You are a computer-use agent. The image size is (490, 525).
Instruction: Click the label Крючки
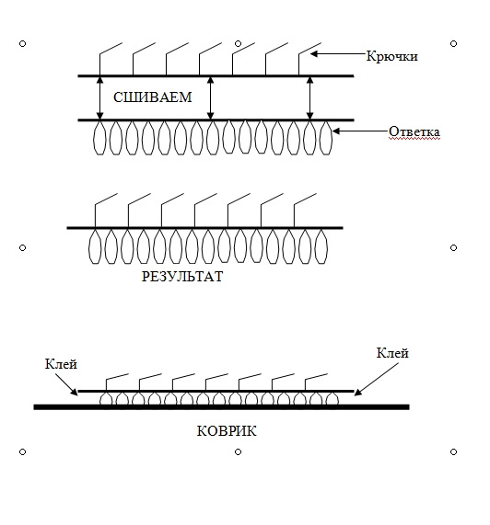391,56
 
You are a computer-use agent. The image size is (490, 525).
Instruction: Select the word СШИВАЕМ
153,97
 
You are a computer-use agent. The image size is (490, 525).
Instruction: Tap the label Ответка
414,131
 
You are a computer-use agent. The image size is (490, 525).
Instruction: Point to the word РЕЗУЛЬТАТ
182,277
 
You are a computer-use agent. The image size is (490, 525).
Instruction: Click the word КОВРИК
227,431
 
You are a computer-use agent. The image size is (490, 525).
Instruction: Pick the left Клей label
61,364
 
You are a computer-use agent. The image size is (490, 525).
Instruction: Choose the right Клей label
392,353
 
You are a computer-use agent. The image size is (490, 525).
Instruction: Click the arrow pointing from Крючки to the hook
338,53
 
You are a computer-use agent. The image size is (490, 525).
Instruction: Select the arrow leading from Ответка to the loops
360,131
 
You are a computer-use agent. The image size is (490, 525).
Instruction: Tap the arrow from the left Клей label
66,384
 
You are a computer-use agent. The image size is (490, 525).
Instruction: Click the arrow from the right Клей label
377,379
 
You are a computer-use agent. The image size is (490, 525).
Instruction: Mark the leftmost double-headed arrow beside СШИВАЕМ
99,97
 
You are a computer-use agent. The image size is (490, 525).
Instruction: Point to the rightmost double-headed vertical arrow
309,97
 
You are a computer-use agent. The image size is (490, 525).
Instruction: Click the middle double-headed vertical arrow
210,97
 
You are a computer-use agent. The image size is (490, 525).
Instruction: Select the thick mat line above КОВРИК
221,407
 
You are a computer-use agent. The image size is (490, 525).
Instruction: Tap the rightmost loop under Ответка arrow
325,138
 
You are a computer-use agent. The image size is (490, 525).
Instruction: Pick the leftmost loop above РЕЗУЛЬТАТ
95,246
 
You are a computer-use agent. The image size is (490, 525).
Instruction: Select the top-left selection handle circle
22,43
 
